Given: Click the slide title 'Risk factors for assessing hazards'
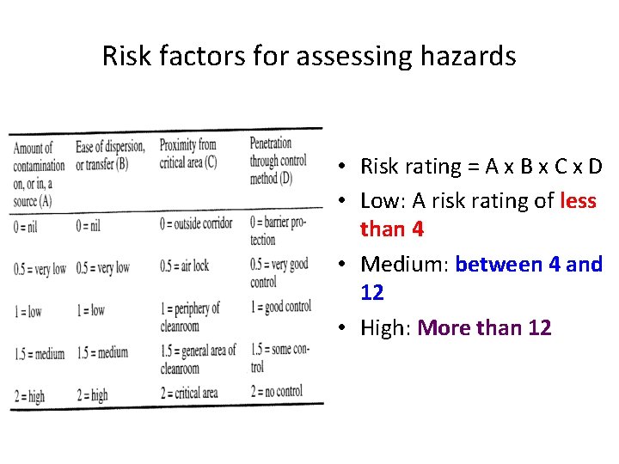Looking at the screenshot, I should click(x=309, y=57).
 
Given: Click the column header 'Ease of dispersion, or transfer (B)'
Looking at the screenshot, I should click(x=109, y=156).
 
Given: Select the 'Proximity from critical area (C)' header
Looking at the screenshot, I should click(x=187, y=153).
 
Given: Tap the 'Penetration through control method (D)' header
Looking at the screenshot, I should click(x=278, y=161).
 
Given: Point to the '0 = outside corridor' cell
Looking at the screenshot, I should click(x=196, y=224).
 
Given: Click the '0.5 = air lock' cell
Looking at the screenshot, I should click(x=184, y=266).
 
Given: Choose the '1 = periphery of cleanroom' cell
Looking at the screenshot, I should click(x=190, y=316).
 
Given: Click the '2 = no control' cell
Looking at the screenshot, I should click(x=276, y=392).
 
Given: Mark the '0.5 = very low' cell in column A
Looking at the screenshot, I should click(x=40, y=269).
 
